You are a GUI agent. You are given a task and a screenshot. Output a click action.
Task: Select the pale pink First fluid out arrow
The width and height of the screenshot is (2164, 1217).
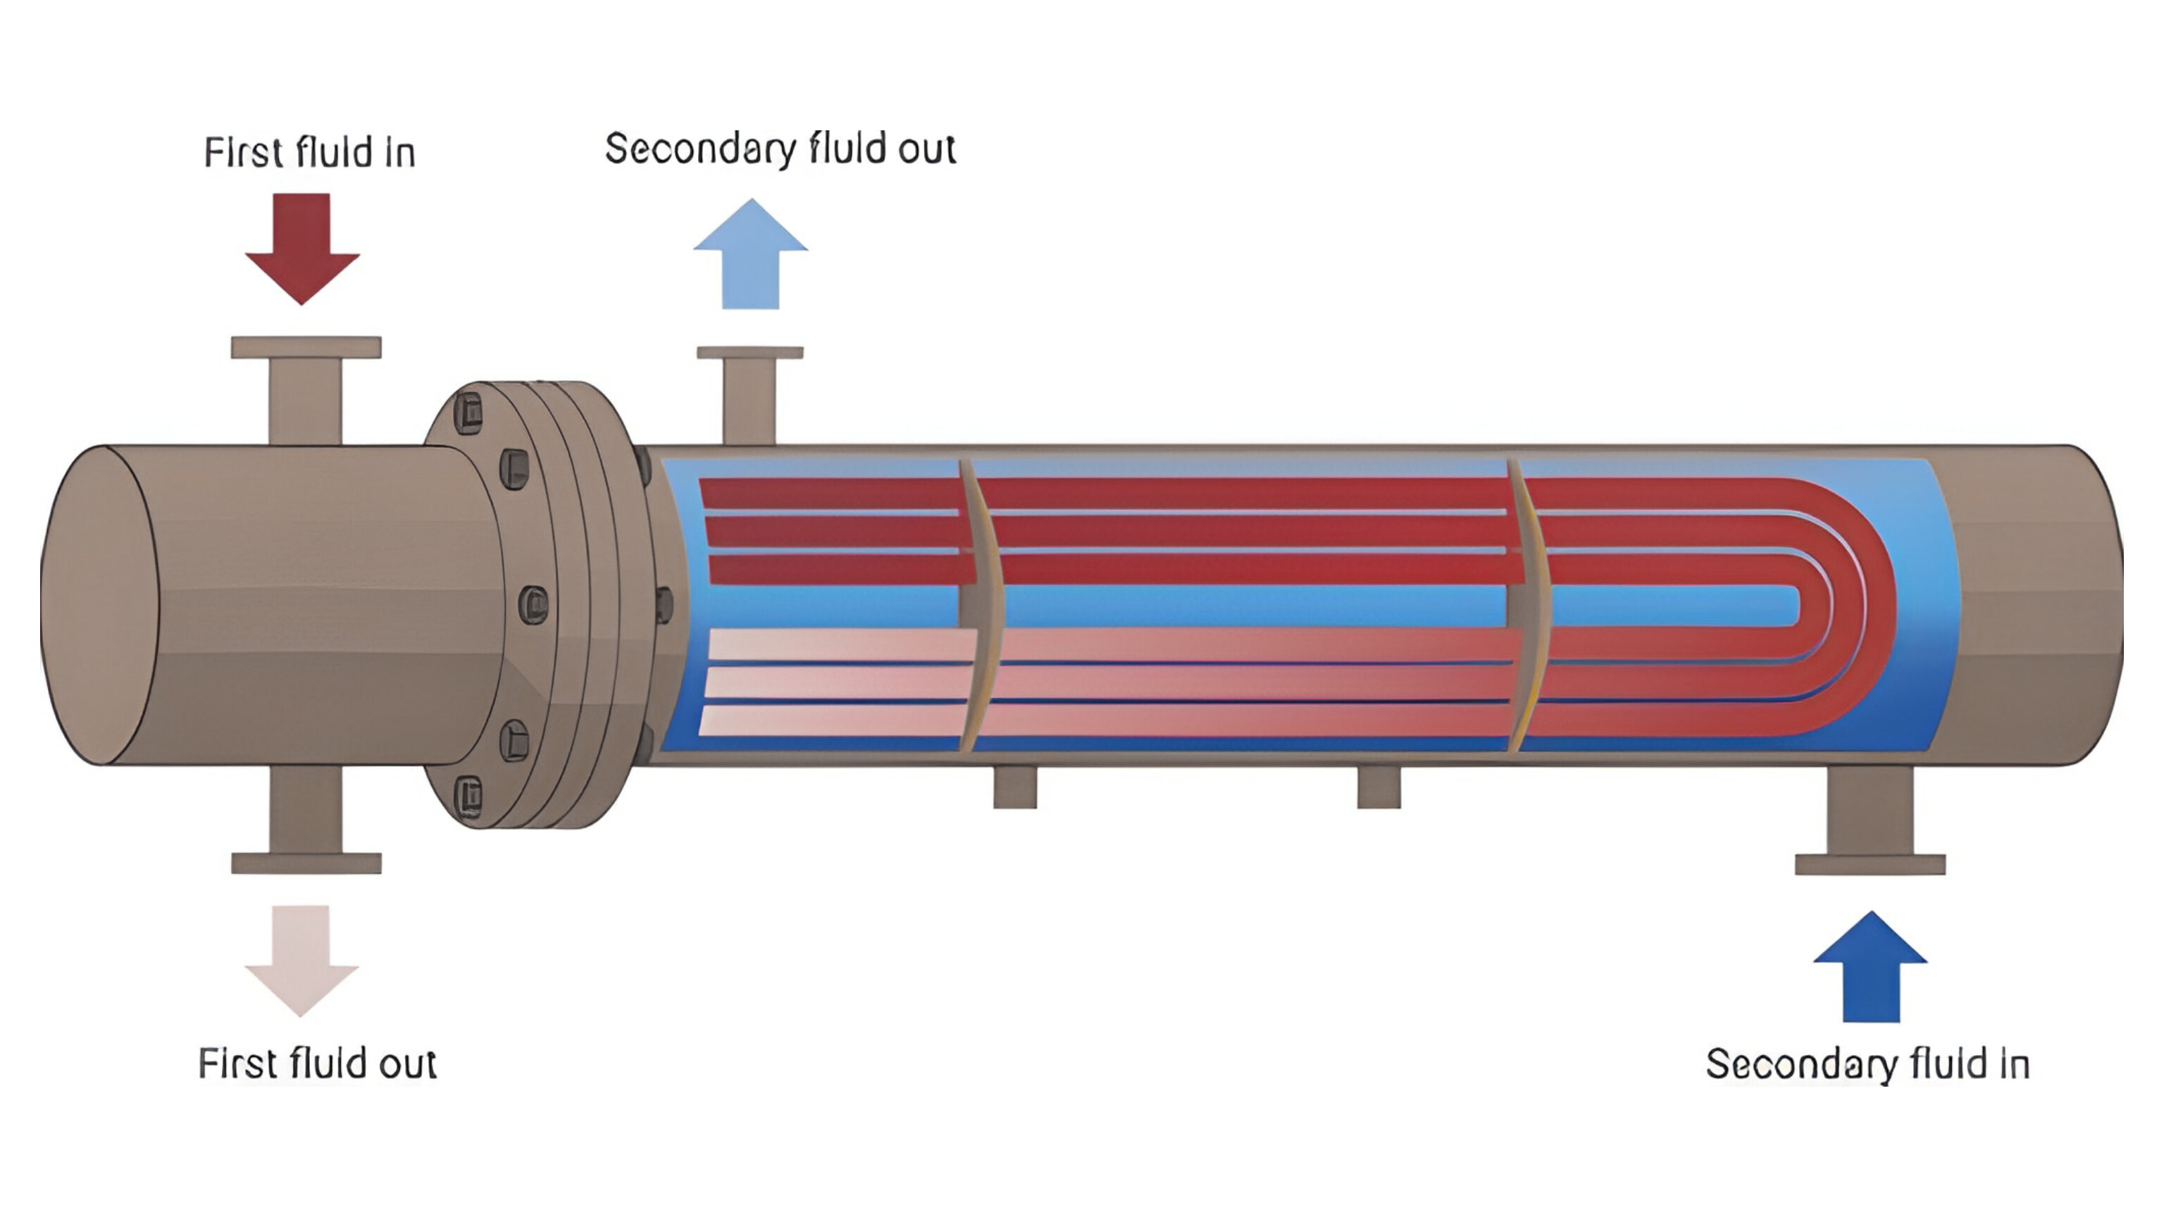click(301, 959)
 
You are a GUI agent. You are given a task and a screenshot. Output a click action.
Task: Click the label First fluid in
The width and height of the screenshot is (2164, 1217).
click(309, 153)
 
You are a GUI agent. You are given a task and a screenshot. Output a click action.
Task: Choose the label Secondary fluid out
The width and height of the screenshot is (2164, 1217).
click(780, 149)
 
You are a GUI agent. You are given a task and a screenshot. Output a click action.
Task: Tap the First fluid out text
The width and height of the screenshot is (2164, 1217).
click(317, 1063)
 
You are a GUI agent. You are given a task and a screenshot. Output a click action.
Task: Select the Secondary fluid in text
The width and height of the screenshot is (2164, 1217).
click(1867, 1064)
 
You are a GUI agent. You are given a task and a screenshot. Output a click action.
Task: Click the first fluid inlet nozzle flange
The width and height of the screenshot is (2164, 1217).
click(306, 348)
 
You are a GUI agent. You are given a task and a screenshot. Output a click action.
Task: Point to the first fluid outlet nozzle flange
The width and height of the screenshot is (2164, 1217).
click(306, 863)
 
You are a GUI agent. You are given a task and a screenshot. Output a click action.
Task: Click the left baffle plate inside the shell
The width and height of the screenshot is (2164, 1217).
click(978, 605)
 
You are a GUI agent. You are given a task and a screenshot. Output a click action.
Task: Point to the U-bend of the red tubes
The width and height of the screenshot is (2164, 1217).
click(1848, 605)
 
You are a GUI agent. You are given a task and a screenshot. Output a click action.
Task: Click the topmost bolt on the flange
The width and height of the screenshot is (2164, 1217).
click(468, 411)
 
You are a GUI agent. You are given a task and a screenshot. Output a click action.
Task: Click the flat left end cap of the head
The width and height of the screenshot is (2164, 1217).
click(99, 605)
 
